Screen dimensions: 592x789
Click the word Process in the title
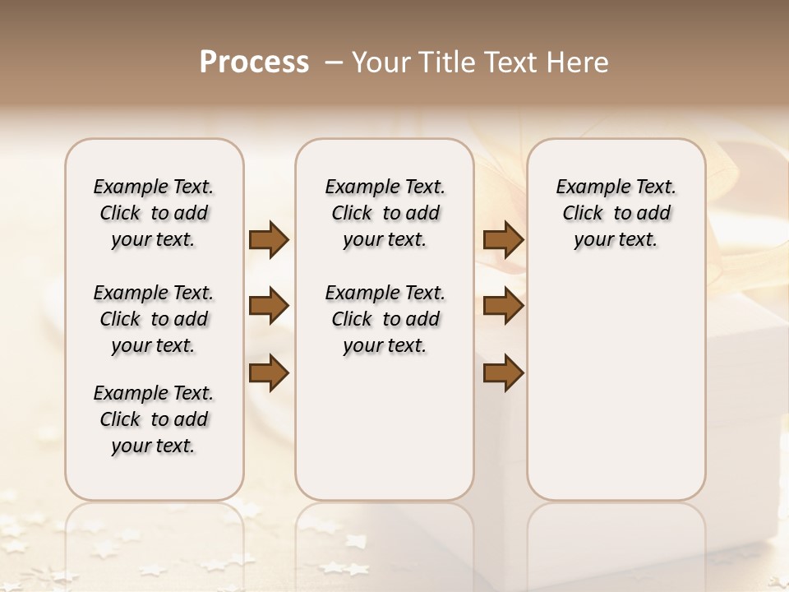pyautogui.click(x=254, y=62)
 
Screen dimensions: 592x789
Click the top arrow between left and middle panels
pyautogui.click(x=269, y=239)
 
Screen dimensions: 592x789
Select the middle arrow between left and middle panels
pyautogui.click(x=269, y=306)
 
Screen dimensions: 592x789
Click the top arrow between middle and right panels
pyautogui.click(x=503, y=239)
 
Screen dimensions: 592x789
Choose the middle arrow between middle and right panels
pyautogui.click(x=503, y=306)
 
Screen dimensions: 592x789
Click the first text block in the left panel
pyautogui.click(x=154, y=213)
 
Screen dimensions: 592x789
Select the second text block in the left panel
pyautogui.click(x=154, y=319)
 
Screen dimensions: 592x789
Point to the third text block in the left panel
pyautogui.click(x=154, y=419)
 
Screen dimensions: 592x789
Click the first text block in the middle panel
pyautogui.click(x=385, y=213)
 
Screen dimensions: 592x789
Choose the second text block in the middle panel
pyautogui.click(x=385, y=319)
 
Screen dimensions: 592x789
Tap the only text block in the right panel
pyautogui.click(x=616, y=213)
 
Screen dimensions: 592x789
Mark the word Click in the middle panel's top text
pyautogui.click(x=352, y=214)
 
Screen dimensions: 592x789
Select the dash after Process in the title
pyautogui.click(x=333, y=62)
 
